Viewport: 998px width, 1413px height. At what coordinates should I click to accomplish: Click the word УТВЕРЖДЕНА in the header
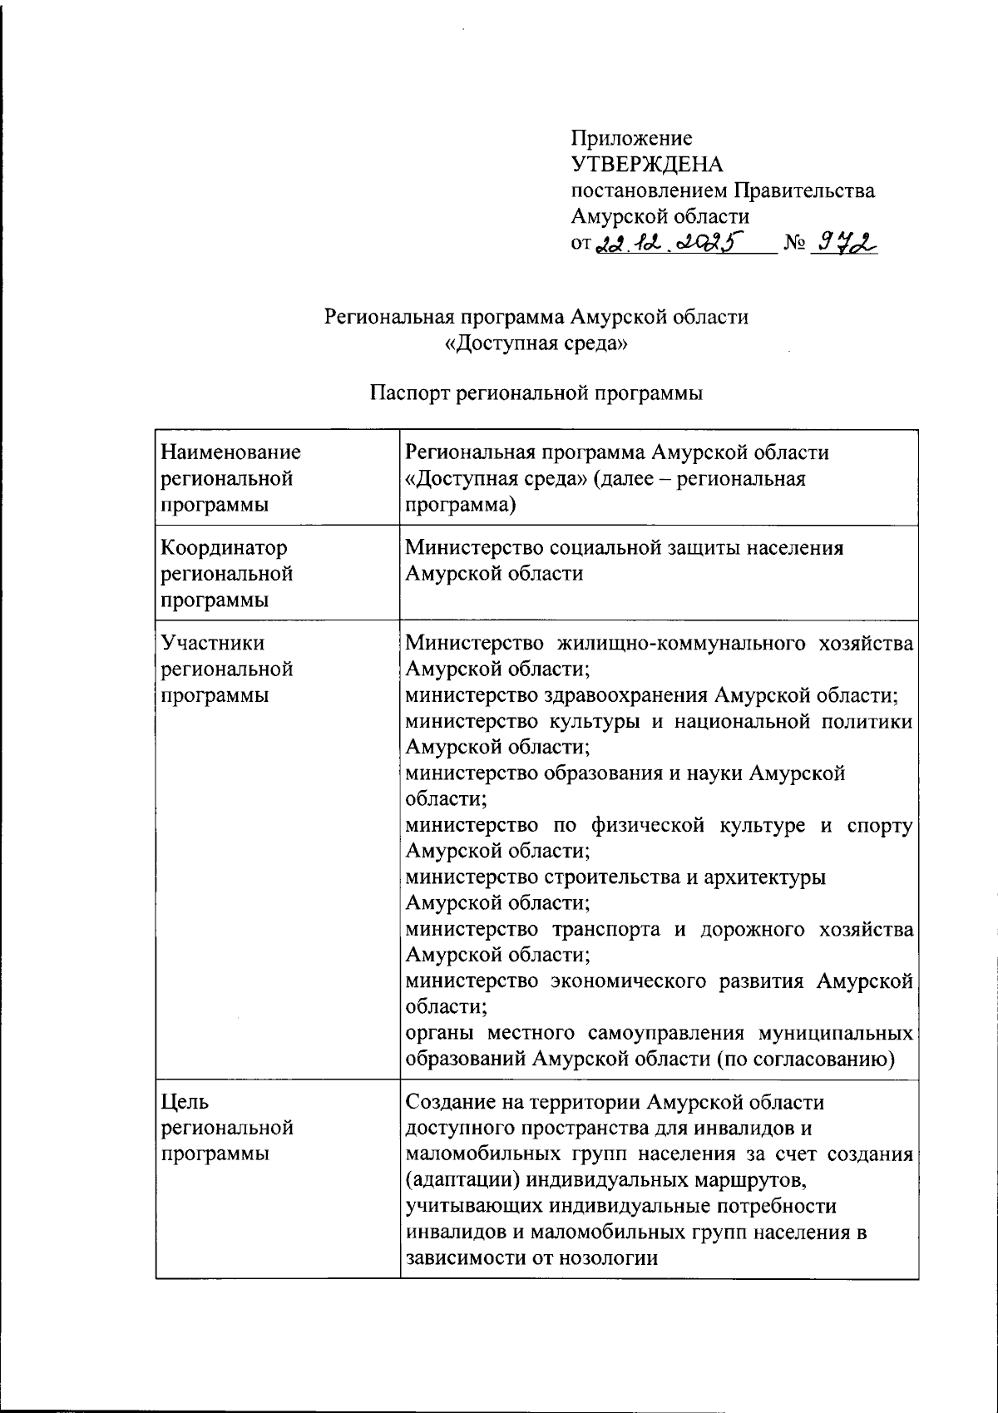pos(646,165)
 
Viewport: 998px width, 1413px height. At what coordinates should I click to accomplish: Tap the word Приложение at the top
pos(631,138)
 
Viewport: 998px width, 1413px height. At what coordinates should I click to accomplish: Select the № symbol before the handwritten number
pos(795,245)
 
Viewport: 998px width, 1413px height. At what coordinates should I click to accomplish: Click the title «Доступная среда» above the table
pos(536,343)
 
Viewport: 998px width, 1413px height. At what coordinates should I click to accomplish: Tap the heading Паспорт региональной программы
pos(536,393)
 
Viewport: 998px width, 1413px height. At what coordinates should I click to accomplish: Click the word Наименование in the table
pos(230,452)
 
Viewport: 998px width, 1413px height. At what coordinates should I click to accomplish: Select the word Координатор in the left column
pos(224,548)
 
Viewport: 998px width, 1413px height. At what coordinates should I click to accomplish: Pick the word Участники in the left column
pos(213,643)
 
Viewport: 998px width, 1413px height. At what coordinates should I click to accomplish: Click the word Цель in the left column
pos(185,1102)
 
